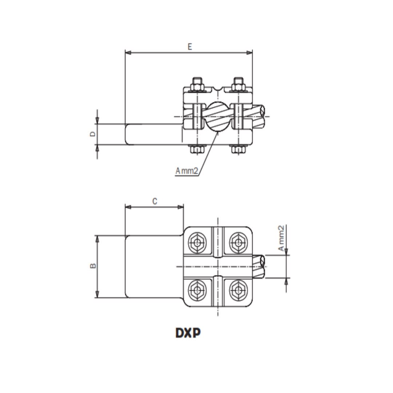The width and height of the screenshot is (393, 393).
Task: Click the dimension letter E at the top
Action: click(190, 47)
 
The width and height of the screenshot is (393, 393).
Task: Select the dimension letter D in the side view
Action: click(93, 134)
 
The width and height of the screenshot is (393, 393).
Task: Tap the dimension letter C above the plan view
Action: click(155, 201)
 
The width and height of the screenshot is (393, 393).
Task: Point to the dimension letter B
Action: click(93, 266)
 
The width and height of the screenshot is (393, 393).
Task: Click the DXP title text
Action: click(188, 333)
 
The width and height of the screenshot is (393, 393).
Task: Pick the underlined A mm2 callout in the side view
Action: click(187, 171)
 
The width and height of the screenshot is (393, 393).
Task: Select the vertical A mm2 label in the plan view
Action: click(281, 238)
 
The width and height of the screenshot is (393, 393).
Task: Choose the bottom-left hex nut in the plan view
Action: click(198, 290)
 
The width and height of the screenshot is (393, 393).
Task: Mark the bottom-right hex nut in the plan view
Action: click(238, 290)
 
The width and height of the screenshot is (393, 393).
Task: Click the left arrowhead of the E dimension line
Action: click(128, 53)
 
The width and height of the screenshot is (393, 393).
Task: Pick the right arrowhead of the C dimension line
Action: click(180, 207)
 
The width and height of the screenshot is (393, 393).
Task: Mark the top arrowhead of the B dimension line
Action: click(98, 239)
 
